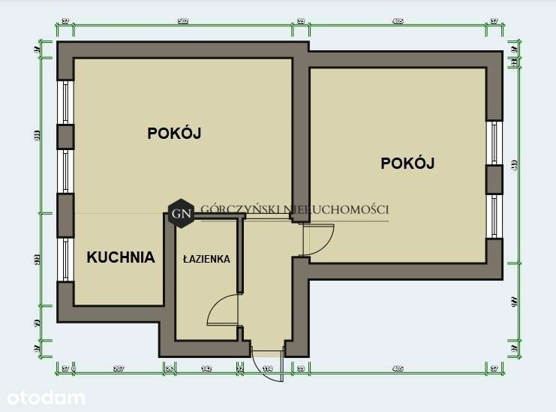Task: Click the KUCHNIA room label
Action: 121,257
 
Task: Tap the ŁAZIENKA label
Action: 206,259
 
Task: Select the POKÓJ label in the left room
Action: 175,134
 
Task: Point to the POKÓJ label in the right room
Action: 408,163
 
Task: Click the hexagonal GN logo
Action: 182,213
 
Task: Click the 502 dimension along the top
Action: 182,22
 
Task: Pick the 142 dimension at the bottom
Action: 206,368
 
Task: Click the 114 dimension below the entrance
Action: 266,368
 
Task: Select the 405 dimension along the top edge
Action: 398,22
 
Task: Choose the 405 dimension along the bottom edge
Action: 398,368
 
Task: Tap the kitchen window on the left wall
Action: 65,260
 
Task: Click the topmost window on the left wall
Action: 65,102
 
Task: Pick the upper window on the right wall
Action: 494,143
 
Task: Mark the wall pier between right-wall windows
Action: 494,180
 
